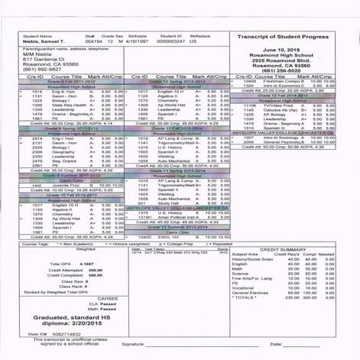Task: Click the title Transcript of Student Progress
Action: tap(293, 36)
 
